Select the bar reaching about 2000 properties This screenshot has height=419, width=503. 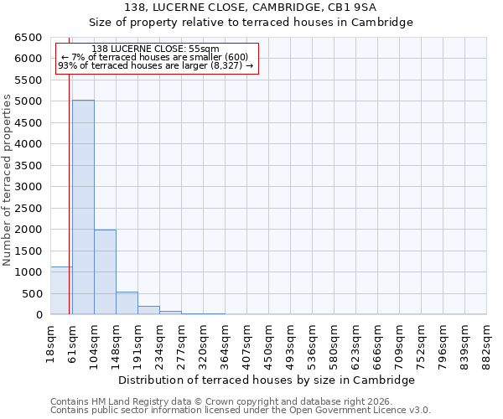coord(105,272)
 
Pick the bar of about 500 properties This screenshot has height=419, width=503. coord(127,303)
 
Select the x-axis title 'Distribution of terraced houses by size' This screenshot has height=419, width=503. coord(267,380)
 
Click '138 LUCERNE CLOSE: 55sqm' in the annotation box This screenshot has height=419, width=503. coord(155,49)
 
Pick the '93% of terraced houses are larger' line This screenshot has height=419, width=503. coord(155,66)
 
